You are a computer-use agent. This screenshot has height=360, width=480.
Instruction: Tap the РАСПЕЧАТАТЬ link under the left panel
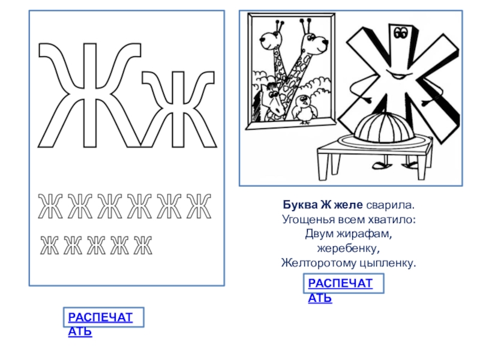click(100, 324)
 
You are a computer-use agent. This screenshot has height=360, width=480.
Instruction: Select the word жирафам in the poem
click(364, 234)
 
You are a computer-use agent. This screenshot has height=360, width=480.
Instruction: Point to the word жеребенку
click(349, 248)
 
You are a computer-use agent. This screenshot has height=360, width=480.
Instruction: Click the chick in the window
click(304, 109)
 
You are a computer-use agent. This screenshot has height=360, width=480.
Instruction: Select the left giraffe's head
click(272, 37)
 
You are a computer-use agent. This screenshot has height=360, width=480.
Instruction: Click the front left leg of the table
click(323, 166)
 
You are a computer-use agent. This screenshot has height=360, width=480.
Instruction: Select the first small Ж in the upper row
click(50, 206)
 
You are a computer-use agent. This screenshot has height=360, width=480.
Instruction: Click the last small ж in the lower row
click(143, 245)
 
